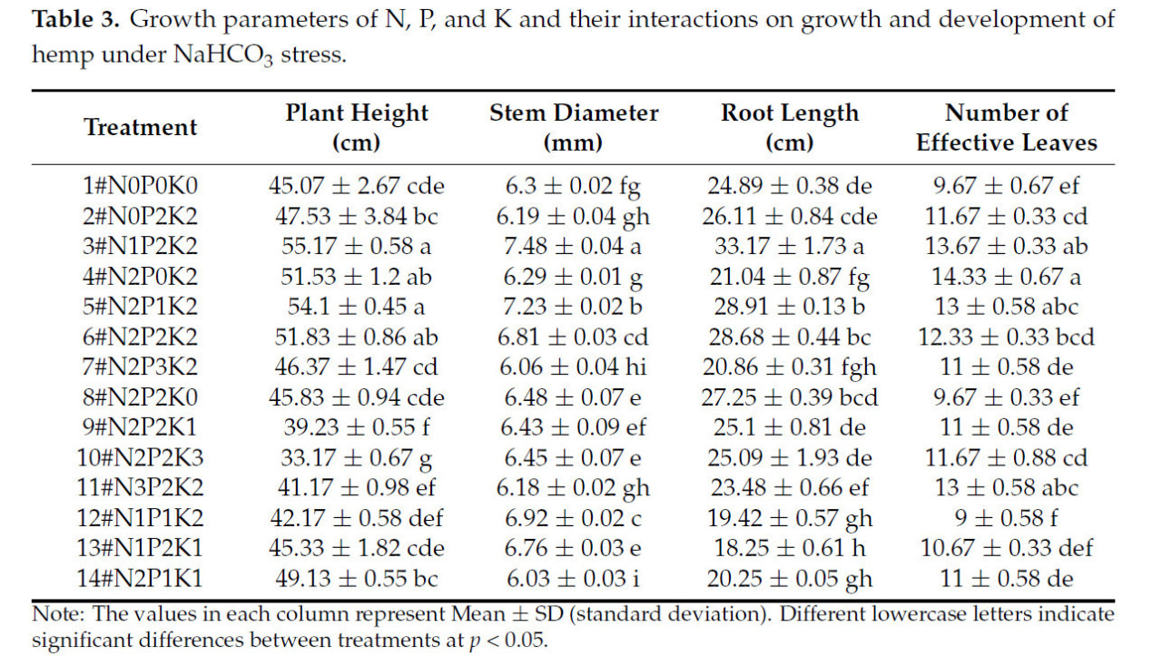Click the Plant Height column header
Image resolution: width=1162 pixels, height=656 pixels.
357,127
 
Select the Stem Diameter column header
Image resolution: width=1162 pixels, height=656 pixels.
574,127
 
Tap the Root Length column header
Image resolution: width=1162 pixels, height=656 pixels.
790,127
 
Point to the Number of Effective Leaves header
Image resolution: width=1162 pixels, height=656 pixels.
1006,127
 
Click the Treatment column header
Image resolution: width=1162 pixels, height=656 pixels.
141,127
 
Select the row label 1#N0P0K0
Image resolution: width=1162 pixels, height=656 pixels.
141,186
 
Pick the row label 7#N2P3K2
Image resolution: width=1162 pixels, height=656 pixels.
141,367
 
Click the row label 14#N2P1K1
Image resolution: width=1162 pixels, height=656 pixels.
141,578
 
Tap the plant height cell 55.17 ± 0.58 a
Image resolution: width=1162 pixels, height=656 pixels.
357,246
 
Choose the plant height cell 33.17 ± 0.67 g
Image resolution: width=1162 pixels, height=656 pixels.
357,457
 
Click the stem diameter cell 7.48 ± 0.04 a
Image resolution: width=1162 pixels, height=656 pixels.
574,246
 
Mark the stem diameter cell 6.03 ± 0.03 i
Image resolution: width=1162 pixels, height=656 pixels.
574,578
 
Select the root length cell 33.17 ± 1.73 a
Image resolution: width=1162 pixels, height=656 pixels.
790,246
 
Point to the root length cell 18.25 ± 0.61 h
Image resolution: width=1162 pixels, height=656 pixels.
790,548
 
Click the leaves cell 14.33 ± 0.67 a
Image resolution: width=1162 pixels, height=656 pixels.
1006,276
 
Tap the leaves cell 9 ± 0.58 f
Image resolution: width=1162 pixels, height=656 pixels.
1006,518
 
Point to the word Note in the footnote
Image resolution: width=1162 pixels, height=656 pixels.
54,614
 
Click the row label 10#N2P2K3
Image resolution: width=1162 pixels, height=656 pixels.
141,457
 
